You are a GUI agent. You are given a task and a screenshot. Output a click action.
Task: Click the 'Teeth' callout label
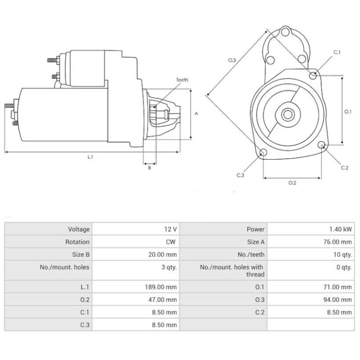(182, 80)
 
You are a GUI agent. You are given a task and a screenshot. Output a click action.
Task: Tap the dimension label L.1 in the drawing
(90, 157)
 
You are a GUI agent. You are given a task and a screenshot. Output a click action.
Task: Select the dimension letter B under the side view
(149, 168)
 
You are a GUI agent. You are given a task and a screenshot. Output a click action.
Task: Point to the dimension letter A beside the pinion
(196, 114)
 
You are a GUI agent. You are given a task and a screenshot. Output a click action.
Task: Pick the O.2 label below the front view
(292, 182)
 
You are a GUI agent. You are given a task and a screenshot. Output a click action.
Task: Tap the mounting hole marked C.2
(322, 145)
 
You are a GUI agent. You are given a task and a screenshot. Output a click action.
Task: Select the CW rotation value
(171, 242)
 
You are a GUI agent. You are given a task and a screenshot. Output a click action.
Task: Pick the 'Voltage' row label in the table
(79, 229)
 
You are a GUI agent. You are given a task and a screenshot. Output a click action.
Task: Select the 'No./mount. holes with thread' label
(232, 270)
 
